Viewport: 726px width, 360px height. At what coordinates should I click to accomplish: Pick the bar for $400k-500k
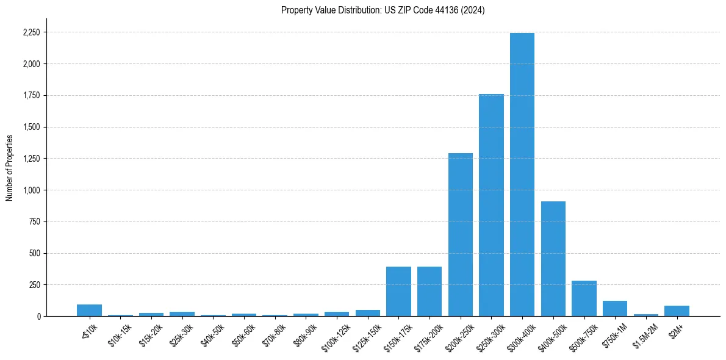pyautogui.click(x=553, y=259)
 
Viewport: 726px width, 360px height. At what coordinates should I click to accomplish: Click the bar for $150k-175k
pyautogui.click(x=398, y=292)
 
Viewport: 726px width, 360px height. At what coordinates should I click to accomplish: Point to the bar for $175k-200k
pyautogui.click(x=429, y=292)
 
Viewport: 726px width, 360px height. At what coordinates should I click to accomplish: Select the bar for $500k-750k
pyautogui.click(x=584, y=298)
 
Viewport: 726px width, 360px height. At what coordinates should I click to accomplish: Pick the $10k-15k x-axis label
pyautogui.click(x=120, y=335)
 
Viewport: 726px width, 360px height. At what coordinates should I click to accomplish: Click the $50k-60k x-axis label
pyautogui.click(x=244, y=335)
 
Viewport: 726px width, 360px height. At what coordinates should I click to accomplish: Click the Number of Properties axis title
pyautogui.click(x=9, y=168)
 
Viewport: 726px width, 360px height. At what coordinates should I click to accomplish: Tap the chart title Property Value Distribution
pyautogui.click(x=383, y=10)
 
